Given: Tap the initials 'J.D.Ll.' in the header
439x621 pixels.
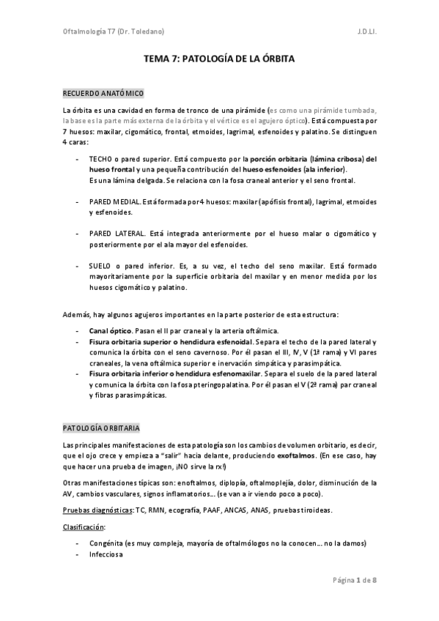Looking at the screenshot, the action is click(x=367, y=32).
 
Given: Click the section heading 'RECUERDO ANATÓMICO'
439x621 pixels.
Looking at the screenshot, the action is click(x=102, y=94).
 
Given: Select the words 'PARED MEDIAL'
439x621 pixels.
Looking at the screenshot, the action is click(x=113, y=201).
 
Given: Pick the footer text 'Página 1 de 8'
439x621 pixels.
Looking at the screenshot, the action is click(x=354, y=581).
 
